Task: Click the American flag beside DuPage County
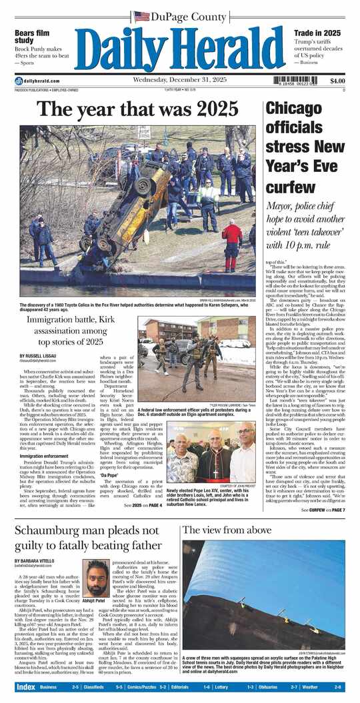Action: (141, 15)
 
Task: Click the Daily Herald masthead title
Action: (179, 47)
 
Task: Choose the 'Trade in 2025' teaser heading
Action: (318, 33)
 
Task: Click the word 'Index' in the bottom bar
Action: (26, 686)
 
